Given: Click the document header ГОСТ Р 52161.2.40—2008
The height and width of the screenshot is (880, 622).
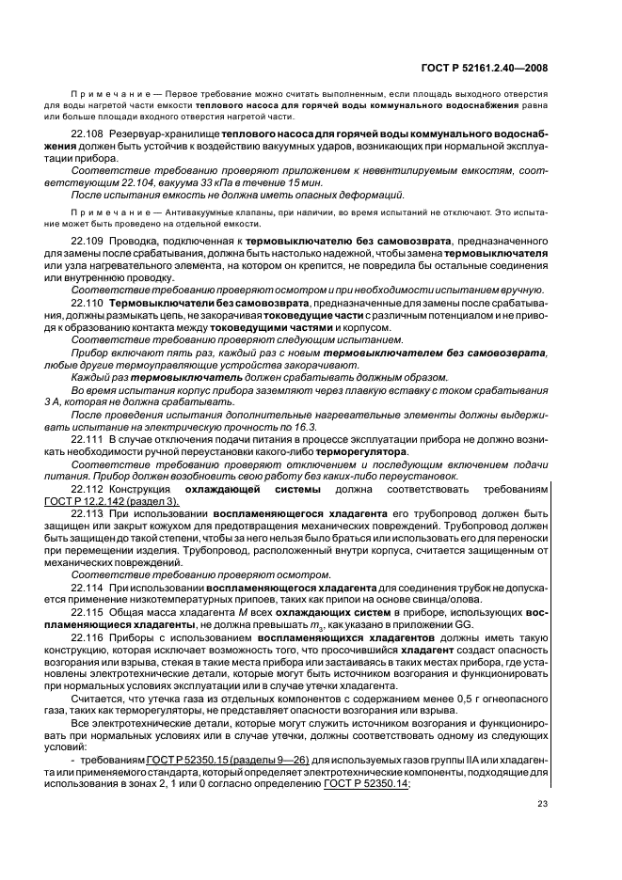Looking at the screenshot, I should pos(483,68).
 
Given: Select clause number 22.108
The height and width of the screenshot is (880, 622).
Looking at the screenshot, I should pos(88,134).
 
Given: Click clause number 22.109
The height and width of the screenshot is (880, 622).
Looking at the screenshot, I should pos(88,242).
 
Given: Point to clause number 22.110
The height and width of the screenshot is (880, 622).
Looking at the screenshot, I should pos(88,303).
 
